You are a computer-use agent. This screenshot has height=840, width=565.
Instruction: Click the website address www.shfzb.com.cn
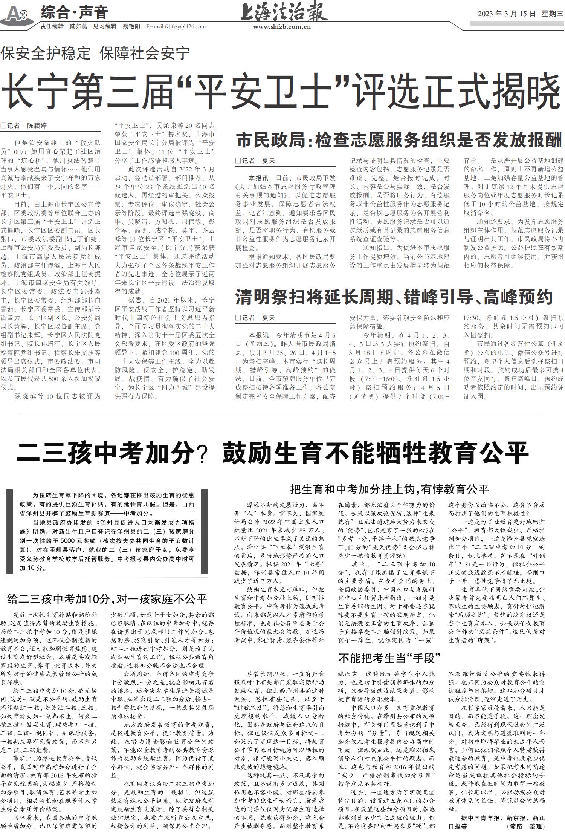[x=282, y=27]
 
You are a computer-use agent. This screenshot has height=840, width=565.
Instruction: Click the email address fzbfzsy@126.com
[x=176, y=26]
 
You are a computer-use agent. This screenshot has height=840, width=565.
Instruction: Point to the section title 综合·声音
[x=74, y=12]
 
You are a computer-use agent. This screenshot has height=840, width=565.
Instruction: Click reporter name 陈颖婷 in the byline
[x=37, y=125]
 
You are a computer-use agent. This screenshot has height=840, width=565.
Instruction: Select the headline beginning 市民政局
[x=399, y=140]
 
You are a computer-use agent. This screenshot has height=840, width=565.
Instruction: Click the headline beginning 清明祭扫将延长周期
[x=394, y=297]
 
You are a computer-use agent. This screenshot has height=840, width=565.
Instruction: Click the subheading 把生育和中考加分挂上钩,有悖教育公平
[x=389, y=489]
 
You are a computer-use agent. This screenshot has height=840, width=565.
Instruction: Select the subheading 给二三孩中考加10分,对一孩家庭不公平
[x=107, y=598]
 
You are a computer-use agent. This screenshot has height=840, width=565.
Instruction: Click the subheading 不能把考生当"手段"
[x=389, y=658]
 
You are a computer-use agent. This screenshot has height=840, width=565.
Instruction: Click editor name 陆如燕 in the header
[x=78, y=26]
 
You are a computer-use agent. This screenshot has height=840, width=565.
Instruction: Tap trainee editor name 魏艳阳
[x=131, y=26]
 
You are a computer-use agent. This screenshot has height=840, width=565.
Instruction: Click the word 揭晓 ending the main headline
[x=530, y=93]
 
